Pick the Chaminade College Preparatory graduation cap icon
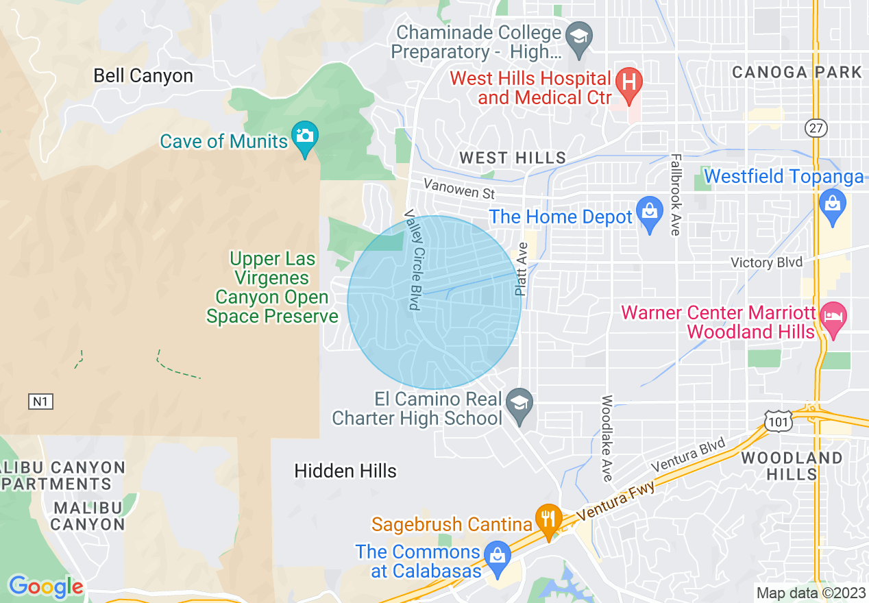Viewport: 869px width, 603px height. coord(580,36)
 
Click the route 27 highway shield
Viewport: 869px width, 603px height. coord(817,128)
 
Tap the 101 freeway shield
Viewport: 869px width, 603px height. coord(779,421)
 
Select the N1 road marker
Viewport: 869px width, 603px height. coord(40,401)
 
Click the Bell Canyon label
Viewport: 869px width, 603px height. coord(143,75)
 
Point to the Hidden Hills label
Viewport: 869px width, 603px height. coord(345,471)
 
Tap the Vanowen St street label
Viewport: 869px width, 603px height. coord(458,188)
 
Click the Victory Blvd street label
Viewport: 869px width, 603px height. coord(766,262)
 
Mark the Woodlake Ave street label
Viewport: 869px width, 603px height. coord(607,437)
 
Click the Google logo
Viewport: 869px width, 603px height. coord(45,587)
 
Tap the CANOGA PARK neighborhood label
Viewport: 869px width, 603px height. coord(797,72)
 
